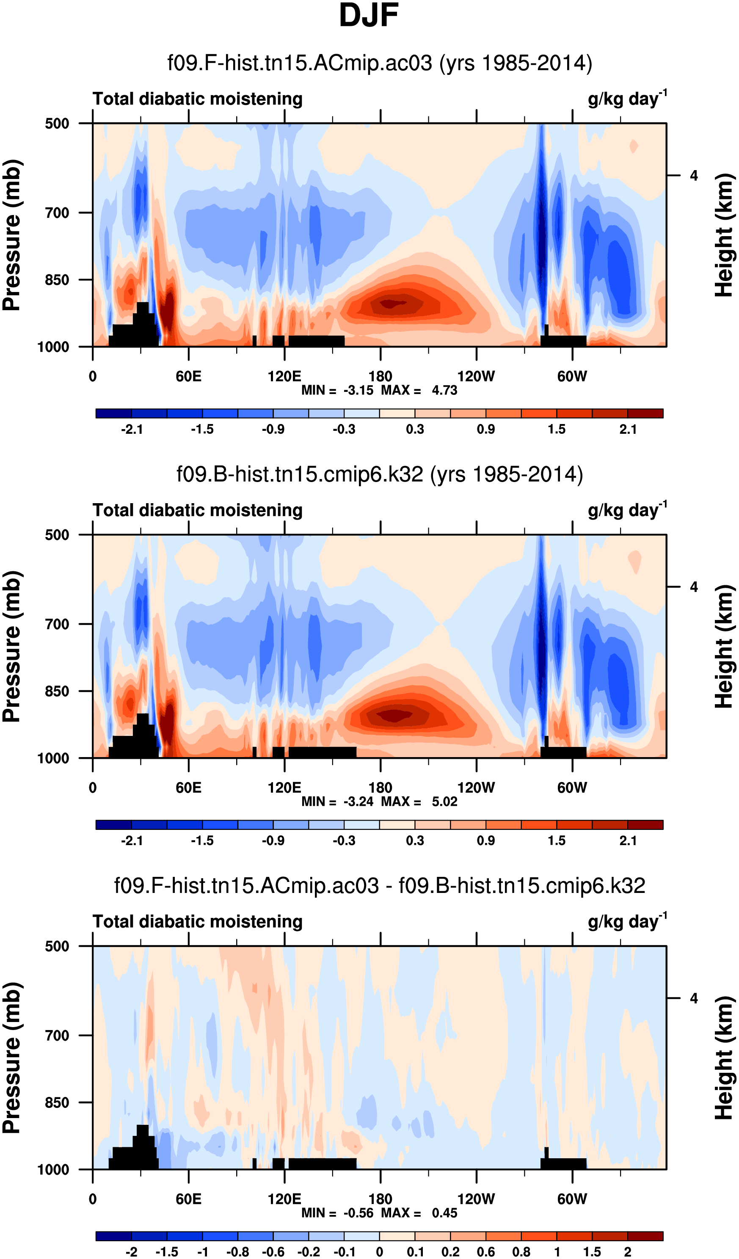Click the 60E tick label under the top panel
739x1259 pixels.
pyautogui.click(x=188, y=376)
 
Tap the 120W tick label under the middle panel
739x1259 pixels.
pyautogui.click(x=476, y=788)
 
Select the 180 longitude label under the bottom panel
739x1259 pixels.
pyautogui.click(x=380, y=1199)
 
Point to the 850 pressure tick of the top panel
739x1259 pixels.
pyautogui.click(x=57, y=280)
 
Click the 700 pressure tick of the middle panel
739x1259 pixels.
pyautogui.click(x=57, y=624)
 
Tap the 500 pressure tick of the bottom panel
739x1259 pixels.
pyautogui.click(x=57, y=946)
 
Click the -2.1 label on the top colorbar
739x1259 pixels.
pyautogui.click(x=132, y=429)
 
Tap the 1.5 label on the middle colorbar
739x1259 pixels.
pyautogui.click(x=557, y=840)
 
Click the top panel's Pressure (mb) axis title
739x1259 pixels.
pyautogui.click(x=12, y=235)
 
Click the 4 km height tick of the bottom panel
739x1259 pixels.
pyautogui.click(x=694, y=998)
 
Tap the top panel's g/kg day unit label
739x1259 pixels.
pyautogui.click(x=627, y=99)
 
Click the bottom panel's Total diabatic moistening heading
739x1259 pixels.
pyautogui.click(x=197, y=921)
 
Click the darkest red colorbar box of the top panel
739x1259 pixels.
pyautogui.click(x=645, y=413)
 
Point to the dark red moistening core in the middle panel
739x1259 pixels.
pyautogui.click(x=395, y=716)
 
